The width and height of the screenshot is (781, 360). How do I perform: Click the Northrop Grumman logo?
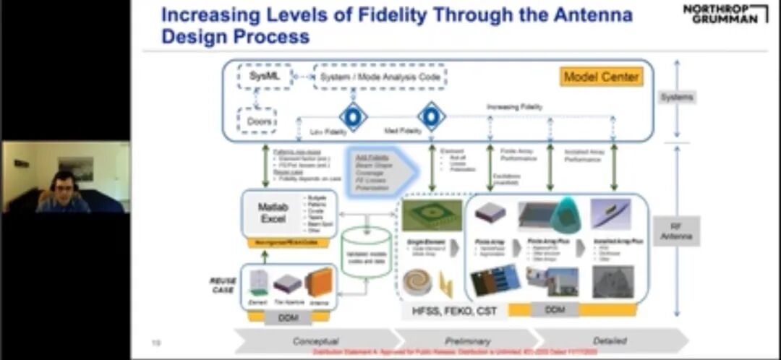[725, 13]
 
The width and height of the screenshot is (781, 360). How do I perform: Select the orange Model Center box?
[601, 77]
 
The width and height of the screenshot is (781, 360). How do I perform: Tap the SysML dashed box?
[263, 76]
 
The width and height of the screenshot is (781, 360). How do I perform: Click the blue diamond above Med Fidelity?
[431, 116]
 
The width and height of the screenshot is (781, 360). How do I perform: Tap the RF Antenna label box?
[676, 231]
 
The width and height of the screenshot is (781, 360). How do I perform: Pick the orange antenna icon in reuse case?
[319, 283]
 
